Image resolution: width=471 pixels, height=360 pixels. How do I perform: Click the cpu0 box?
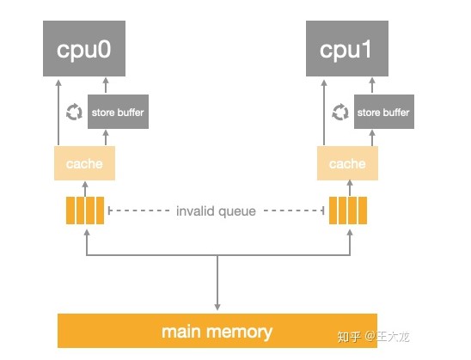pyautogui.click(x=84, y=48)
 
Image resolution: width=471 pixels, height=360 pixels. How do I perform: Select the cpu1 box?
pyautogui.click(x=347, y=48)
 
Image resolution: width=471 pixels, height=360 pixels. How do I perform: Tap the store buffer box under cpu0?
pyautogui.click(x=118, y=112)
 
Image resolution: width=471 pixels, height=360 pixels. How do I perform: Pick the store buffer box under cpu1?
pyautogui.click(x=384, y=112)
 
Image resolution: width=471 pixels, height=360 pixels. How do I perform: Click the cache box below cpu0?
pyautogui.click(x=84, y=163)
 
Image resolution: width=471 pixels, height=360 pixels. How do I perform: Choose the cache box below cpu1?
pyautogui.click(x=347, y=163)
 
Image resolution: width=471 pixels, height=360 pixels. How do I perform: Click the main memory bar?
pyautogui.click(x=217, y=331)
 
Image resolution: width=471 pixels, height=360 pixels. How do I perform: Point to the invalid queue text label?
pyautogui.click(x=216, y=211)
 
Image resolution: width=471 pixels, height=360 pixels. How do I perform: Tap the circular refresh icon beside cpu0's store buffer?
pyautogui.click(x=74, y=112)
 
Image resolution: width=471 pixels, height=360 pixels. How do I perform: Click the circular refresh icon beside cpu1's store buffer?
pyautogui.click(x=340, y=112)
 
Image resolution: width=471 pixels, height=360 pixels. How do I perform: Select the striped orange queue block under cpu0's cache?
pyautogui.click(x=85, y=211)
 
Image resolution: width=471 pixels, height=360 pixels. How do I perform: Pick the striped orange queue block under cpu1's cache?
pyautogui.click(x=348, y=211)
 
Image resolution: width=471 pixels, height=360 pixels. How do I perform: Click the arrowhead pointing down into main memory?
pyautogui.click(x=217, y=307)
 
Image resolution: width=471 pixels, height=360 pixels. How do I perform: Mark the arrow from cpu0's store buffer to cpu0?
pyautogui.click(x=106, y=86)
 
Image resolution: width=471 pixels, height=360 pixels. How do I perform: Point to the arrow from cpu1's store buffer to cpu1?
pyautogui.click(x=372, y=86)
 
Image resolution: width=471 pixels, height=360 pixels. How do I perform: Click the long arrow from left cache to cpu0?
pyautogui.click(x=58, y=113)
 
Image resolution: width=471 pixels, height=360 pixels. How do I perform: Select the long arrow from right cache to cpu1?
pyautogui.click(x=324, y=113)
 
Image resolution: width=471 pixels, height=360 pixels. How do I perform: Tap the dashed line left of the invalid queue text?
pyautogui.click(x=139, y=211)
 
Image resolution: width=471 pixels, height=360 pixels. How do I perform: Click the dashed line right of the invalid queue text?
pyautogui.click(x=294, y=211)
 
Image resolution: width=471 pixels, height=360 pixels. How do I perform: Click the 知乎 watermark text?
pyautogui.click(x=349, y=337)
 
